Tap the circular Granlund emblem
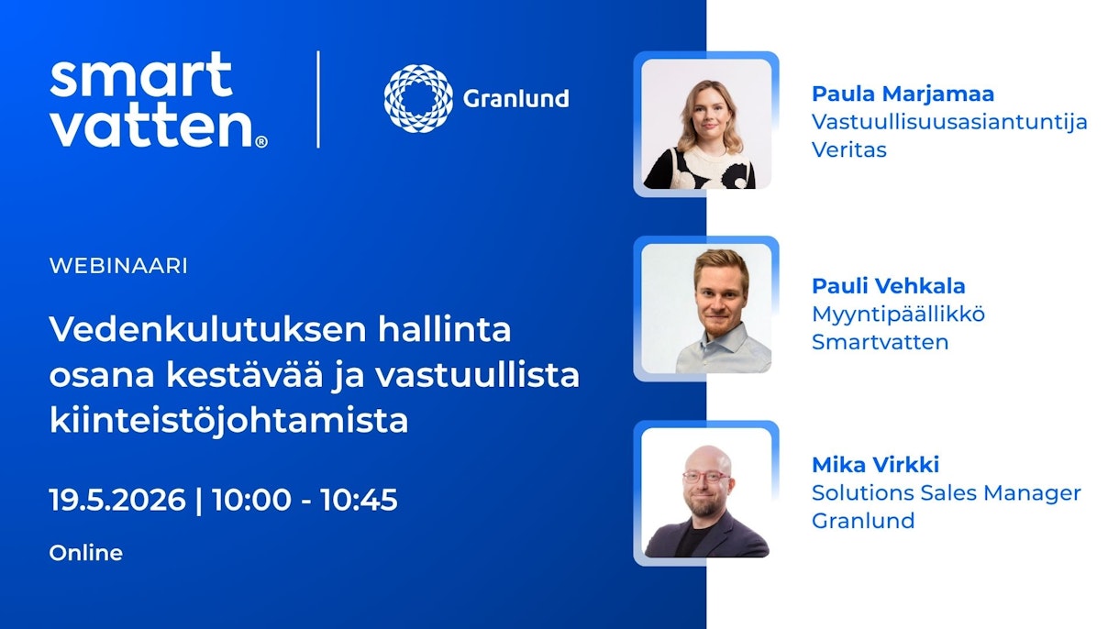[418, 99]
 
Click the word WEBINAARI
[118, 266]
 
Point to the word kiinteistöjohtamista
[228, 421]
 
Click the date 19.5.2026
[117, 500]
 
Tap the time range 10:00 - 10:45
[305, 500]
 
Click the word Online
[85, 553]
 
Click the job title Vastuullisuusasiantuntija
[949, 121]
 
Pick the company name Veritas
[848, 149]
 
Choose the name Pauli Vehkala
[888, 286]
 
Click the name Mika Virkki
[875, 464]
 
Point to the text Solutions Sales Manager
[946, 492]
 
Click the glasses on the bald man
[704, 477]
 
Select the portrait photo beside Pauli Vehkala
[705, 308]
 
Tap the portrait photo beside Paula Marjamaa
[705, 124]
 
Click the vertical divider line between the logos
[318, 99]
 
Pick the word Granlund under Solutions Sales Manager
[862, 521]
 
